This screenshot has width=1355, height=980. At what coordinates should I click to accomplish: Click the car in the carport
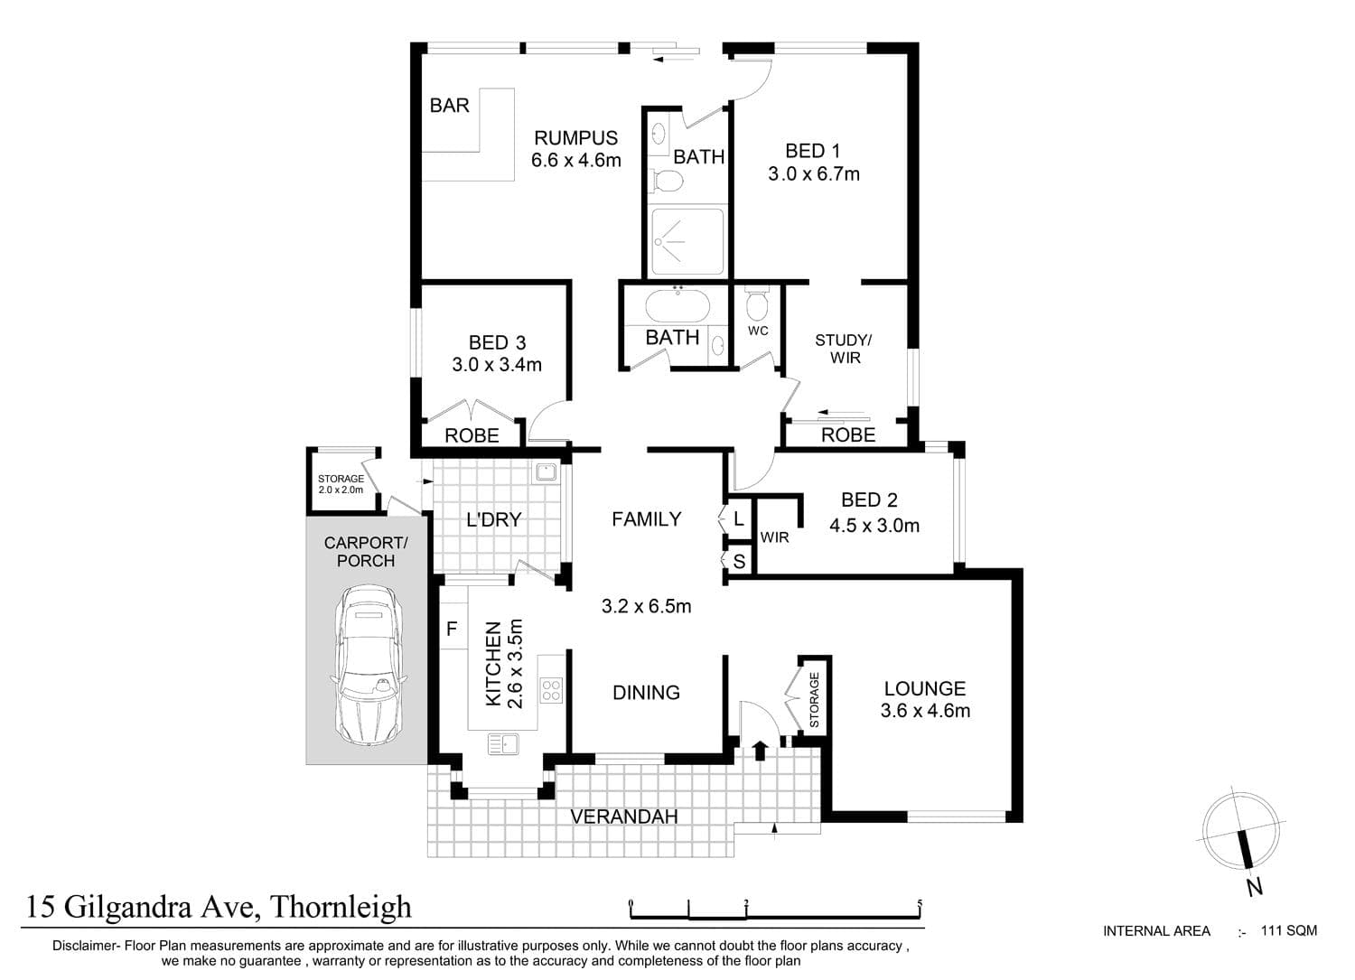point(369,665)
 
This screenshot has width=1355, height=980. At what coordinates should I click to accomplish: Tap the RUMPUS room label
point(576,138)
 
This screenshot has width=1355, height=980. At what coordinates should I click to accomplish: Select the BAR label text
point(450,106)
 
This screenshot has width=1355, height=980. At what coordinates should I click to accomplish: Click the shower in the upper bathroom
point(687,242)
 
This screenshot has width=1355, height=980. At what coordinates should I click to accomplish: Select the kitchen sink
point(503,743)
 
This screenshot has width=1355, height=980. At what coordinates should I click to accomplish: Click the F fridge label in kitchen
point(452,630)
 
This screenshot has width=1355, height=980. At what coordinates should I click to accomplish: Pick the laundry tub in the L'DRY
point(545,471)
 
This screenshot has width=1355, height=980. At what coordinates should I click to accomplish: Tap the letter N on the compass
point(1255,888)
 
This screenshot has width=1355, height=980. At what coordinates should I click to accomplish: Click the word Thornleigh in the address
point(341,907)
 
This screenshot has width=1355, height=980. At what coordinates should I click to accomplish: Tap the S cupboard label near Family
point(739,562)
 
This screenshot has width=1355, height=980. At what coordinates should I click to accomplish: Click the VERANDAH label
point(623,817)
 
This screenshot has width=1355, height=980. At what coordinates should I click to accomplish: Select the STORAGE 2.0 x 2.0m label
point(341,484)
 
